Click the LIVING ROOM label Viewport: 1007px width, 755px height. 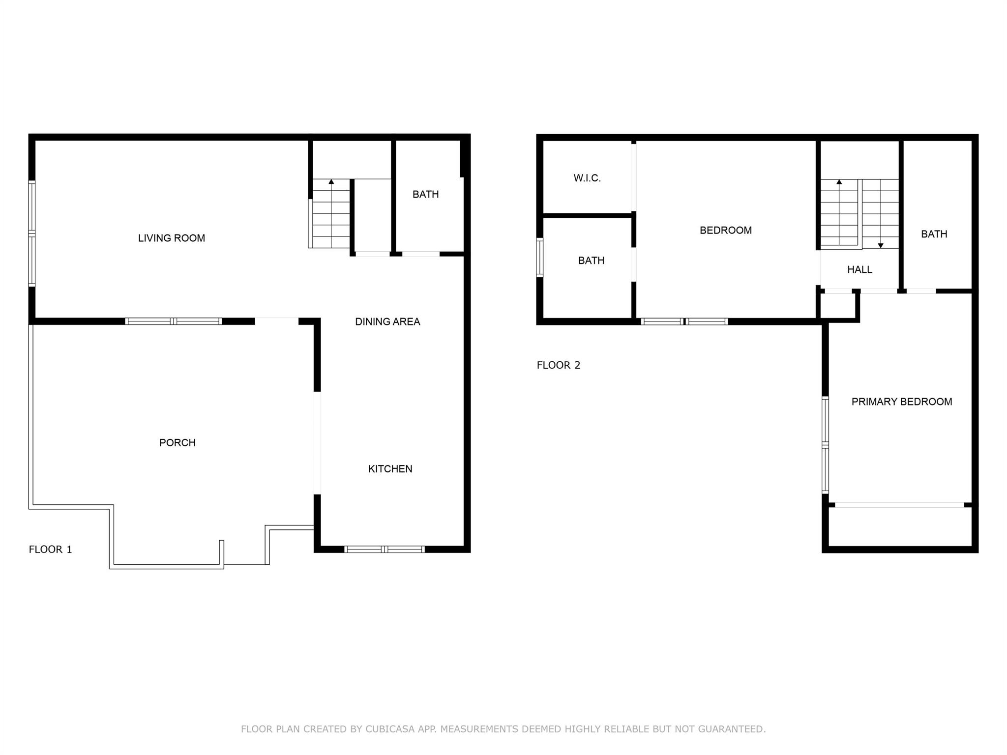pyautogui.click(x=171, y=238)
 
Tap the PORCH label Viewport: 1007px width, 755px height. pyautogui.click(x=177, y=443)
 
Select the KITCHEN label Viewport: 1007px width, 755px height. pyautogui.click(x=390, y=469)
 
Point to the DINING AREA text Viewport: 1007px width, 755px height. pyautogui.click(x=387, y=322)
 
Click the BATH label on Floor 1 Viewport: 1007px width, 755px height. pyautogui.click(x=425, y=195)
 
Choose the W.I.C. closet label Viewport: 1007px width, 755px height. pyautogui.click(x=587, y=178)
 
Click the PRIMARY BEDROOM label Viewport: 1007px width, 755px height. pyautogui.click(x=901, y=402)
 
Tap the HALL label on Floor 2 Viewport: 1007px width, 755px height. pyautogui.click(x=859, y=270)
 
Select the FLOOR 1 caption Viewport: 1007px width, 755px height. pyautogui.click(x=50, y=550)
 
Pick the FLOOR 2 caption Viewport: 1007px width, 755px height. pyautogui.click(x=558, y=365)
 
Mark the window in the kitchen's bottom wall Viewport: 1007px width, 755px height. pyautogui.click(x=385, y=549)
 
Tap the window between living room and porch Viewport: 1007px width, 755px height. pyautogui.click(x=173, y=321)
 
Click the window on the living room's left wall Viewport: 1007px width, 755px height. pyautogui.click(x=32, y=233)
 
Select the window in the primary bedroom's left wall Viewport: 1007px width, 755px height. pyautogui.click(x=826, y=445)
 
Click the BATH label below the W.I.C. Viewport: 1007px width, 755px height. pyautogui.click(x=591, y=261)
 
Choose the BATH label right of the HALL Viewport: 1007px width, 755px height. pyautogui.click(x=934, y=234)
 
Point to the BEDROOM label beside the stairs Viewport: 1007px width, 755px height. pyautogui.click(x=725, y=231)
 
